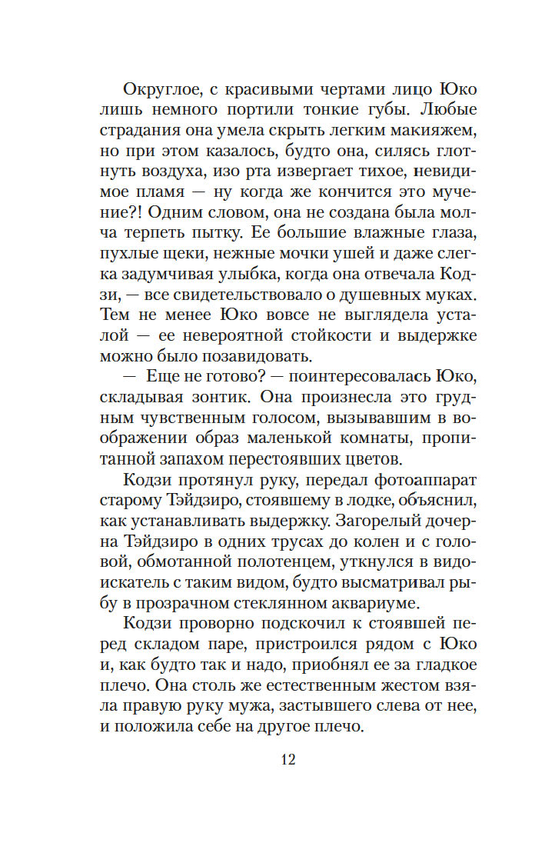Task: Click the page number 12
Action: tap(288, 760)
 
